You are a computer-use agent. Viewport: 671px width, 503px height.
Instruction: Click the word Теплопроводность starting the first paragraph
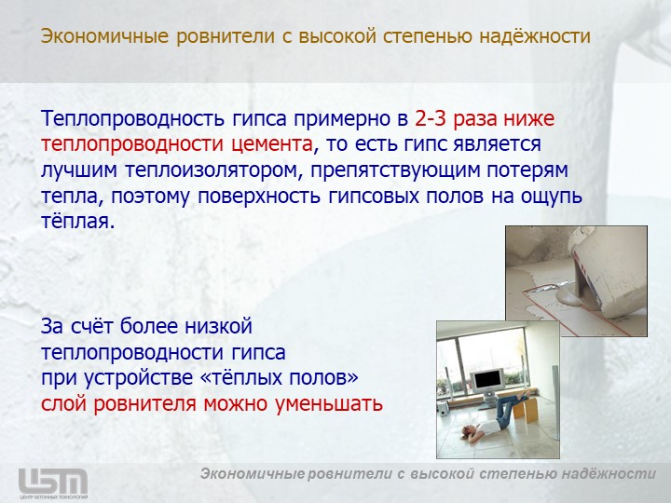[x=132, y=119]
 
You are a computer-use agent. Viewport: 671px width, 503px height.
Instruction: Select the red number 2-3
[x=431, y=118]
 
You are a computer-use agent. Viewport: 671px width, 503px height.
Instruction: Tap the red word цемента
[x=272, y=144]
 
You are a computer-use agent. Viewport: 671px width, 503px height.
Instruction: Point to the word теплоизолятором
[x=214, y=170]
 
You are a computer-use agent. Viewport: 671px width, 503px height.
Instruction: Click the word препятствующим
[x=396, y=170]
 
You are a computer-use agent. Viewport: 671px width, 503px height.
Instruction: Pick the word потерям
[x=527, y=170]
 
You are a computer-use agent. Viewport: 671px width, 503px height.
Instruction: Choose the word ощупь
[x=551, y=197]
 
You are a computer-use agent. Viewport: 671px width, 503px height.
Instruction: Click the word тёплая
[x=78, y=222]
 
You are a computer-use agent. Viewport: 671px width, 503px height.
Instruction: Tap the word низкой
[x=219, y=326]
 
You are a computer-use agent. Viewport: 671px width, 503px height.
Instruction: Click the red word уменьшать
[x=329, y=403]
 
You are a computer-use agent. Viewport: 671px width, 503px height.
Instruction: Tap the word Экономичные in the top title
[x=104, y=36]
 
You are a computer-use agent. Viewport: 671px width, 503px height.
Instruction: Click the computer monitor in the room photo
[x=487, y=381]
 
